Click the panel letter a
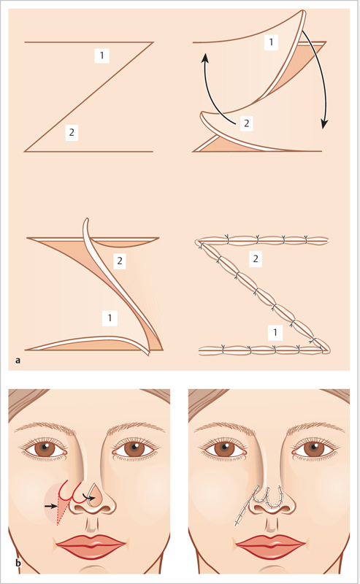(x=18, y=360)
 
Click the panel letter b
(x=18, y=563)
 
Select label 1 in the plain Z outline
(x=102, y=55)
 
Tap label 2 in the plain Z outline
(x=72, y=132)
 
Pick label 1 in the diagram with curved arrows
(x=271, y=42)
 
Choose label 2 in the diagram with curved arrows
(x=246, y=123)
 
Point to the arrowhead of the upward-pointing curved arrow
(x=204, y=57)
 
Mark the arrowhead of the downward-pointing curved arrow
(x=325, y=124)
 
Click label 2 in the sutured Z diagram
(x=256, y=258)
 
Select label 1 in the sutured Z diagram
(x=275, y=332)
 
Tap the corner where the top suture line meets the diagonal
(x=199, y=242)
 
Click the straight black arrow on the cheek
(x=50, y=506)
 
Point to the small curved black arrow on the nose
(x=88, y=497)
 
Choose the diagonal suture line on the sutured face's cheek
(x=248, y=506)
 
